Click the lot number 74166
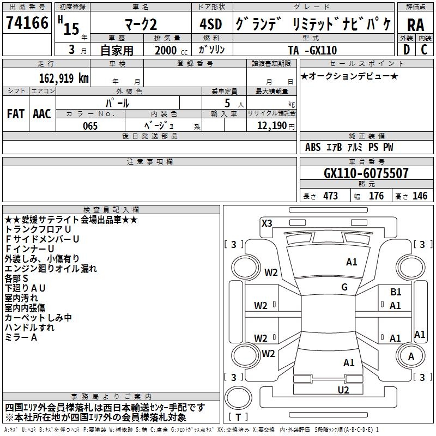27,23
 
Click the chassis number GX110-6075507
366,174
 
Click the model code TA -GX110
312,51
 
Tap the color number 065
90,126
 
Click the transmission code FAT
15,113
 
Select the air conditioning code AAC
41,113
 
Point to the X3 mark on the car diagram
267,223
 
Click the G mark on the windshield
344,287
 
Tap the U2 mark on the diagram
343,390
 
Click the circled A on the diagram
411,356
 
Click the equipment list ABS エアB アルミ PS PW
349,148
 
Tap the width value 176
376,196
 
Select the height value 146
420,196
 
